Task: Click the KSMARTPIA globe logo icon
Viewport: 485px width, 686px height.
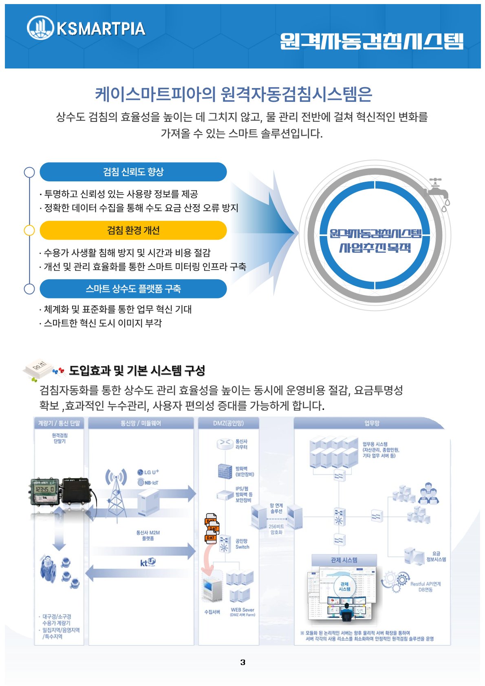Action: pyautogui.click(x=40, y=28)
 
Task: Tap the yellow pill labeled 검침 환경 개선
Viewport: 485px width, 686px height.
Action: pyautogui.click(x=133, y=230)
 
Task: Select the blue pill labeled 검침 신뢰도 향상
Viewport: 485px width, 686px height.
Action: pyautogui.click(x=133, y=172)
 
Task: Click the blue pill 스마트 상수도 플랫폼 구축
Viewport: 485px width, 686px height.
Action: pyautogui.click(x=133, y=289)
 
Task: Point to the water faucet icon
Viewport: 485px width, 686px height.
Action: pyautogui.click(x=438, y=192)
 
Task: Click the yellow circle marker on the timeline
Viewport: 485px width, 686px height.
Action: pyautogui.click(x=29, y=230)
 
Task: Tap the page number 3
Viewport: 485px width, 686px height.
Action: pyautogui.click(x=243, y=662)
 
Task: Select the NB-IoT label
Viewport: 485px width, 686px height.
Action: pyautogui.click(x=148, y=483)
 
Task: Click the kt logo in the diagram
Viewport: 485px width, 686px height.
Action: pyautogui.click(x=148, y=562)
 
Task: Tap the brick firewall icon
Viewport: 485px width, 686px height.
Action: pyautogui.click(x=225, y=471)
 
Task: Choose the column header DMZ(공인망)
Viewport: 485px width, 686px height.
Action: pyautogui.click(x=228, y=423)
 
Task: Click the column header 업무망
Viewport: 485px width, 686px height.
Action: pyautogui.click(x=371, y=423)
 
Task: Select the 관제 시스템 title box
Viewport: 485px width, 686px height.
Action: pyautogui.click(x=344, y=560)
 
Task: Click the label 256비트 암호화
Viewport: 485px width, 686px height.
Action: pyautogui.click(x=276, y=529)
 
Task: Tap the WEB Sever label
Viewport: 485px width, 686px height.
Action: pyautogui.click(x=242, y=610)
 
